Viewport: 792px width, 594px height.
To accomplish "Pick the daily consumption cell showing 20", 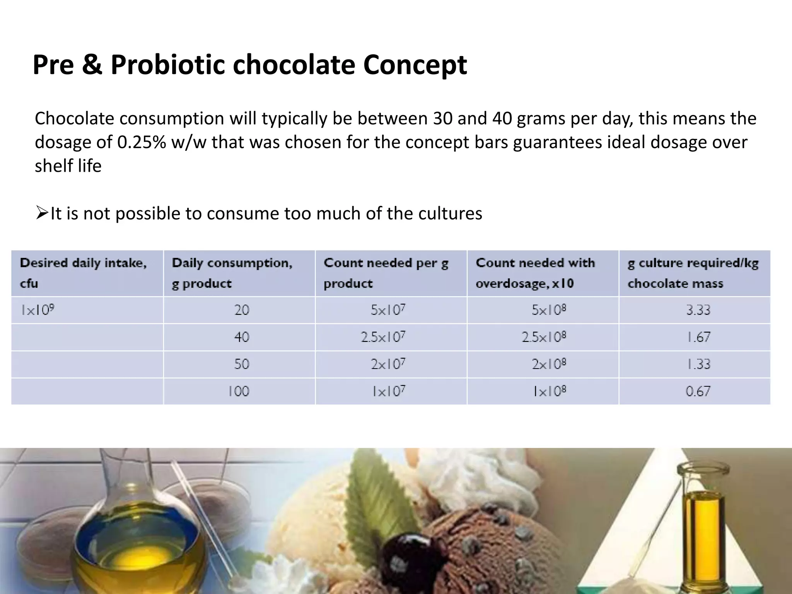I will click(x=242, y=310).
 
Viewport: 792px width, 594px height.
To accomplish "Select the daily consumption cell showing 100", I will click(x=239, y=391).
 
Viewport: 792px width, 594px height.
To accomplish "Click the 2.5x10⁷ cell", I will click(x=383, y=337).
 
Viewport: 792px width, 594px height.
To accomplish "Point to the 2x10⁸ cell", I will click(x=549, y=364).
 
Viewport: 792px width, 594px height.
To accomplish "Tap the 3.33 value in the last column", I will click(x=698, y=310).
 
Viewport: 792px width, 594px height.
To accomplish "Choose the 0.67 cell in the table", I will click(x=698, y=391).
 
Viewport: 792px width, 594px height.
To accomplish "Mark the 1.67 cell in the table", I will click(x=698, y=337).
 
